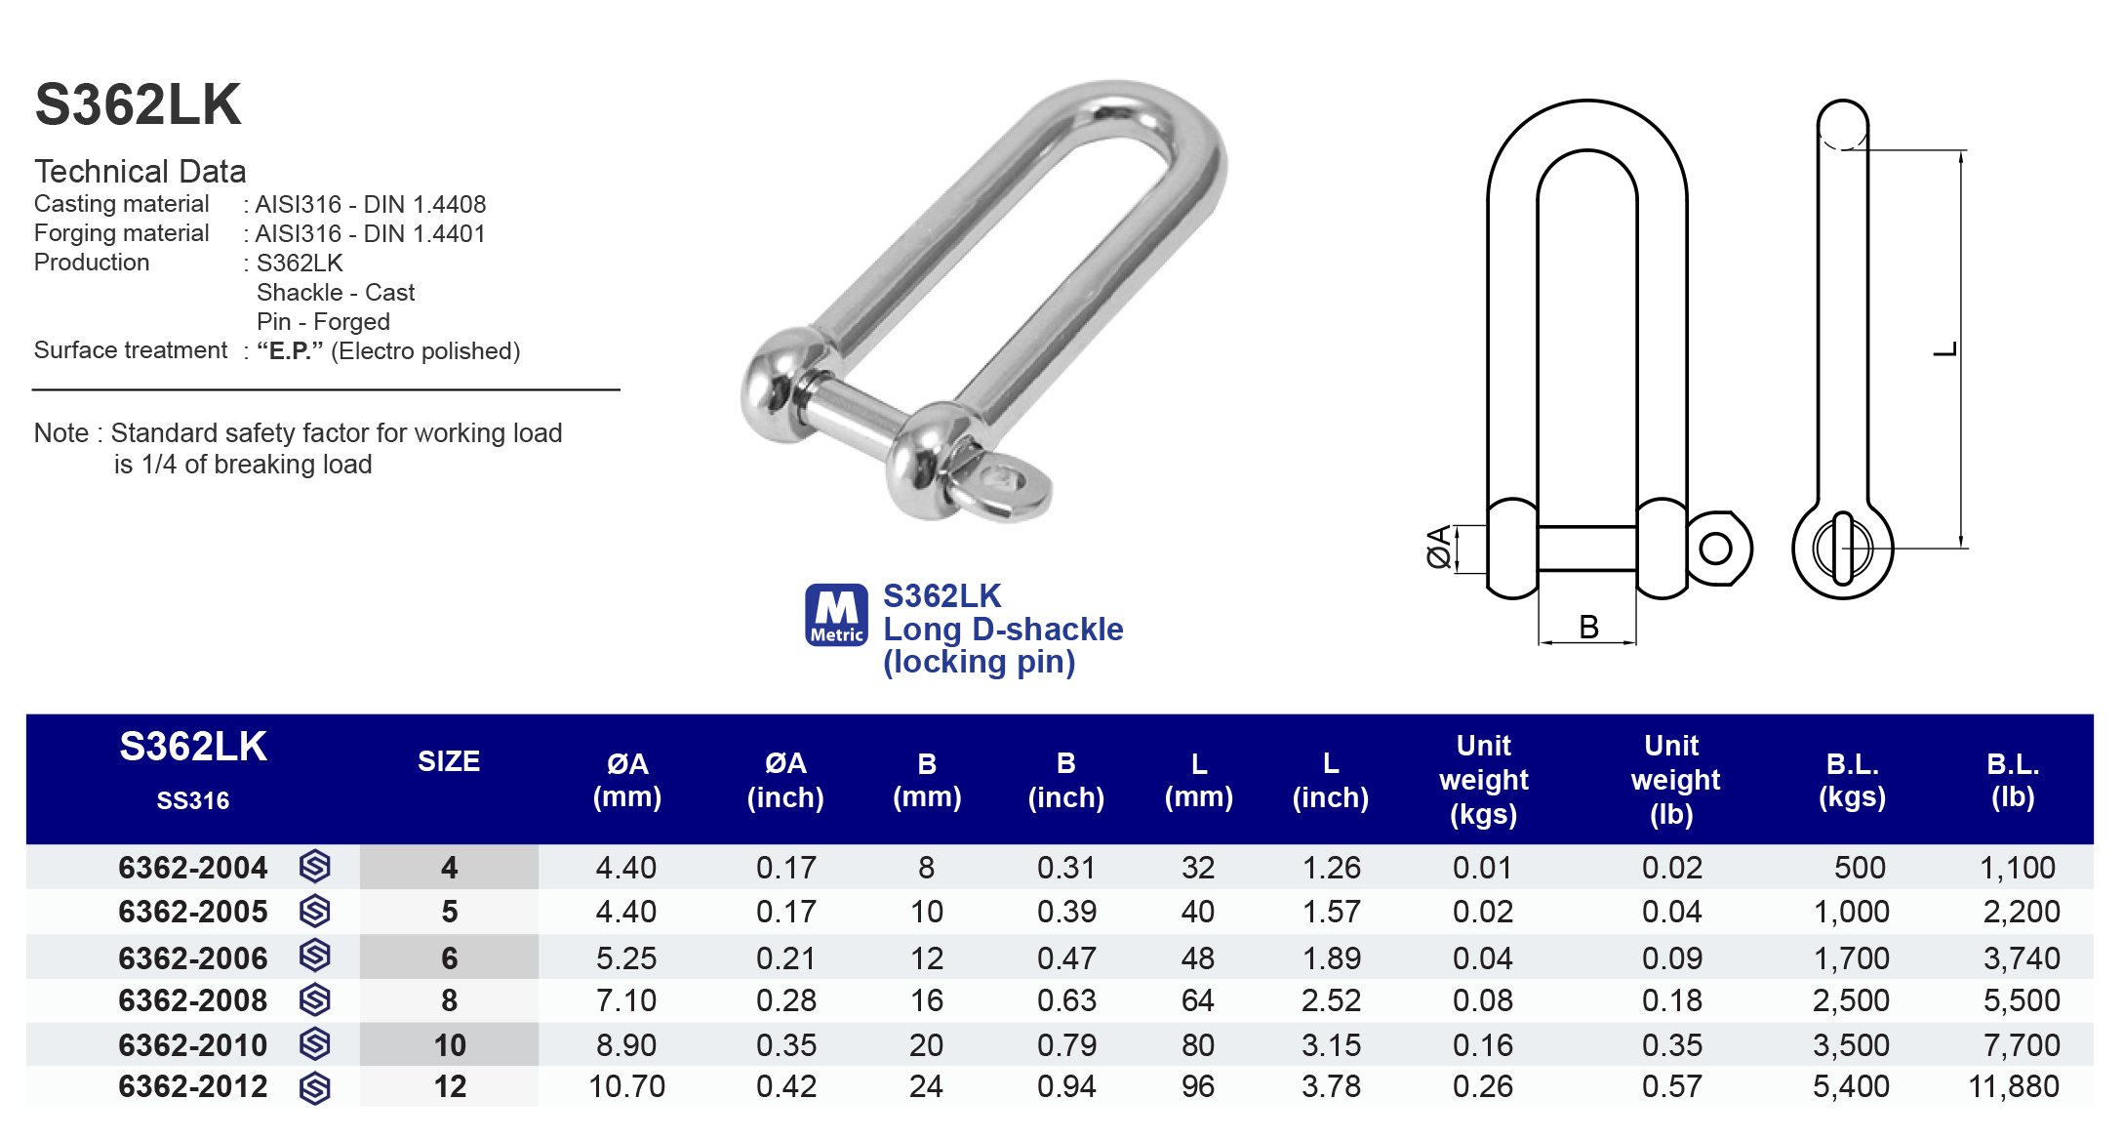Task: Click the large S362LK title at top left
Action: coord(138,104)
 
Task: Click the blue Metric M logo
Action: coord(836,615)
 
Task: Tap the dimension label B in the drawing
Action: coord(1588,627)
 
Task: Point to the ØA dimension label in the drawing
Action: coord(1438,548)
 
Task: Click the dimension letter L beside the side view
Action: coord(1944,349)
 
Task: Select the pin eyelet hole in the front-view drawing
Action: coord(1715,549)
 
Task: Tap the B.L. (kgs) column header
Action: coord(1852,780)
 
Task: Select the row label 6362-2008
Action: coord(192,1000)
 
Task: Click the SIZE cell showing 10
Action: coord(449,1045)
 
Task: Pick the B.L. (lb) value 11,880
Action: coord(2013,1086)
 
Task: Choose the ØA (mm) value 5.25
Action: coord(626,958)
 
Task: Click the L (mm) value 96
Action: coord(1198,1086)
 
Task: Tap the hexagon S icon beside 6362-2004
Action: coord(314,867)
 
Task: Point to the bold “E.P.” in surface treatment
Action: coord(289,351)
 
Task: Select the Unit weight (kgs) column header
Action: coord(1483,780)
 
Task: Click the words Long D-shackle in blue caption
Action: coord(1003,630)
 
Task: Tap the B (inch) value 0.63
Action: coord(1065,1000)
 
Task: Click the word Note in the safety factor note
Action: coord(60,433)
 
